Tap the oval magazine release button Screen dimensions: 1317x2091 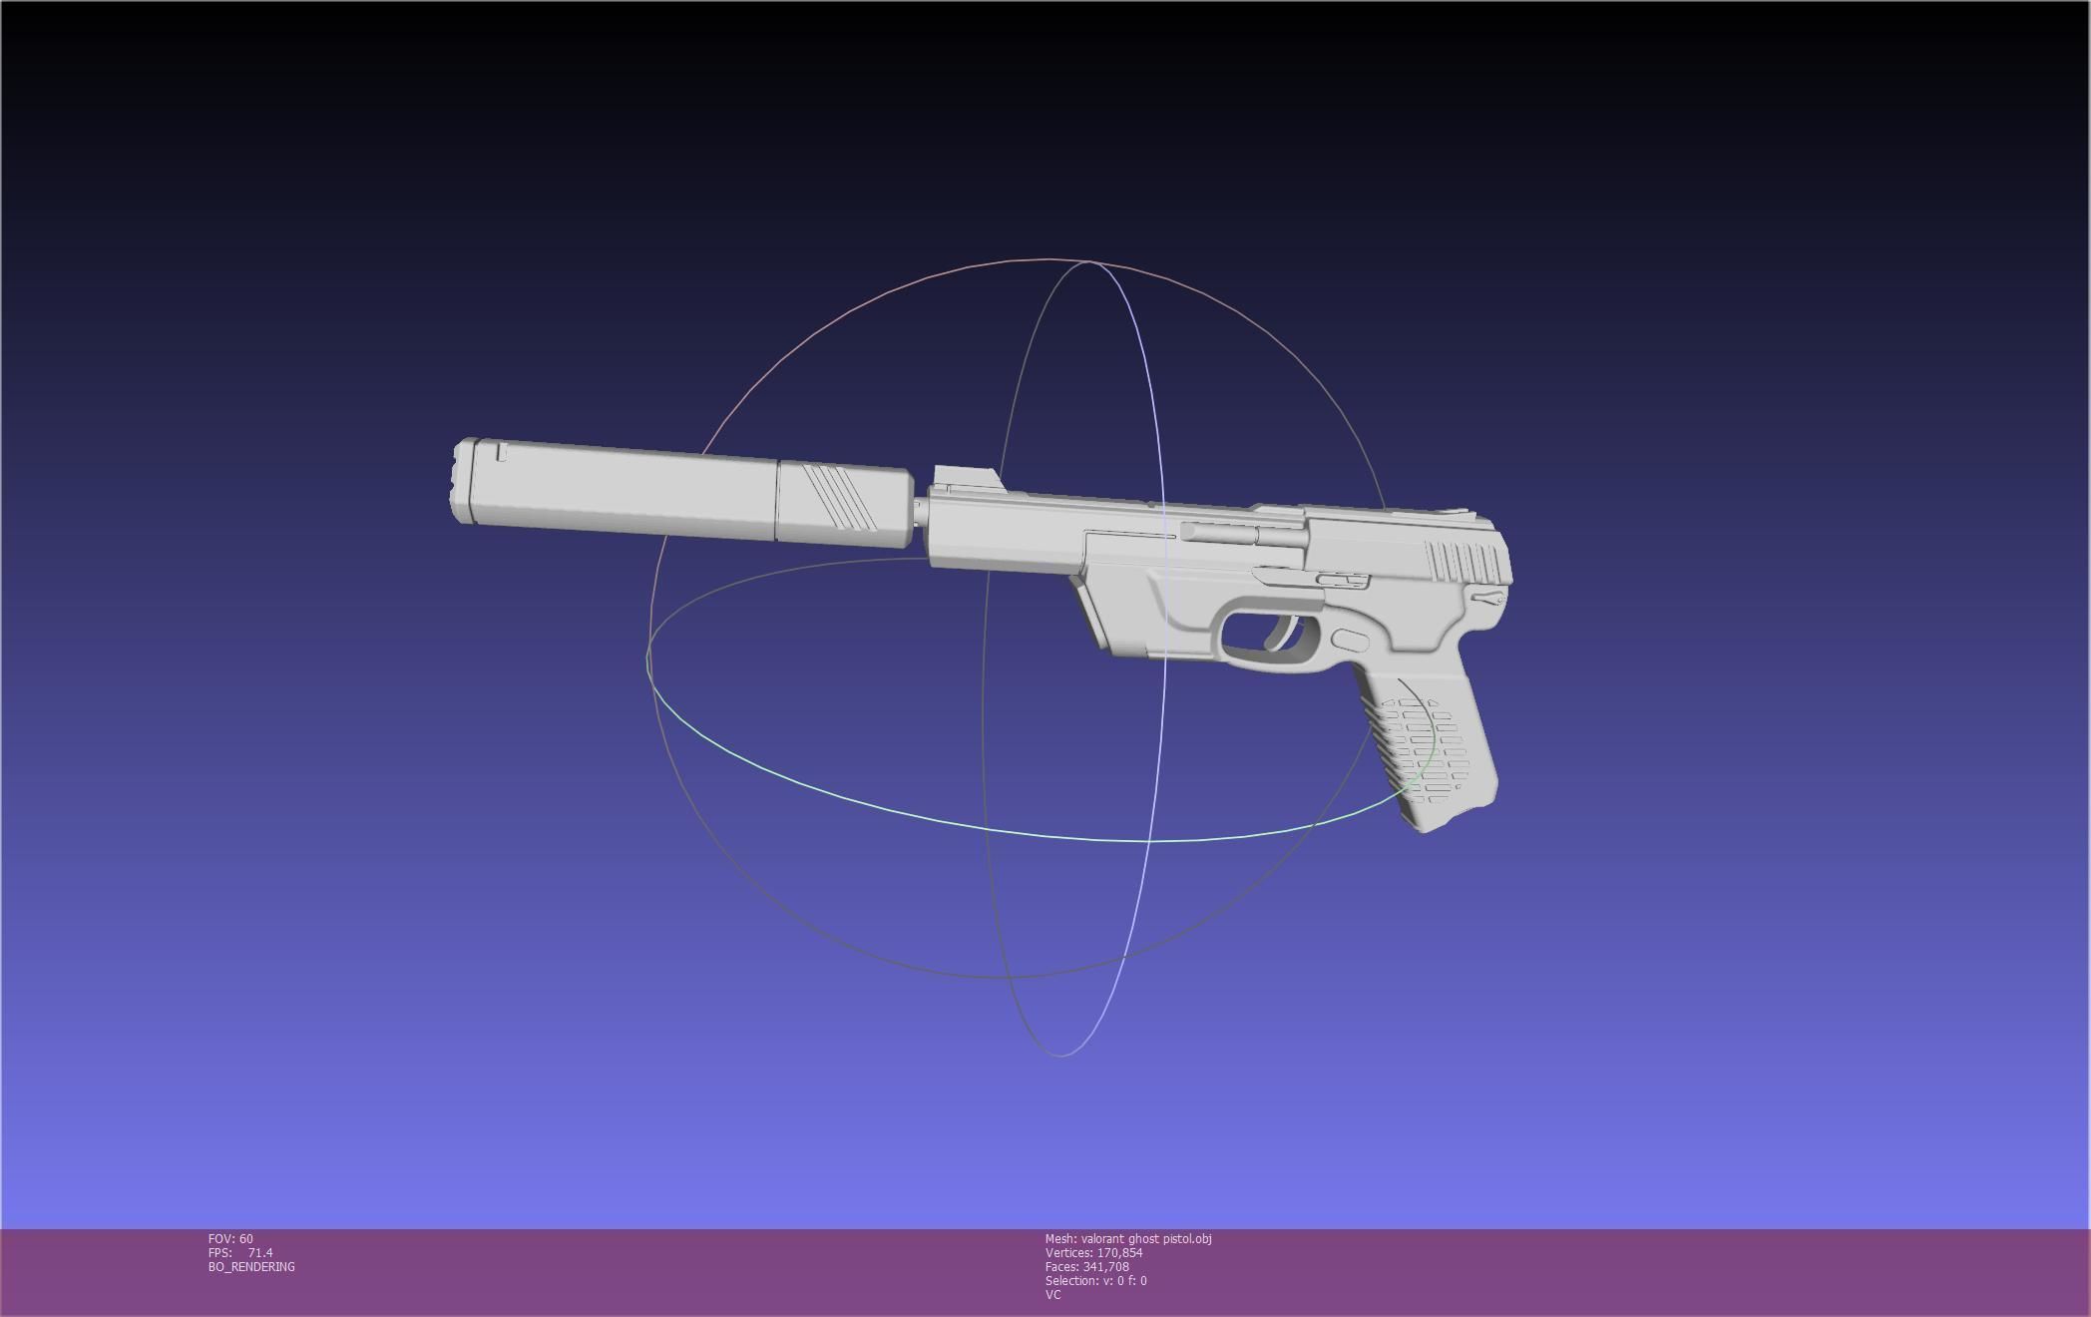pos(1350,642)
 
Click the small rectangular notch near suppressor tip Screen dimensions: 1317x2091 pos(502,453)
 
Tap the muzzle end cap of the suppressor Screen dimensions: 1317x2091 pos(462,481)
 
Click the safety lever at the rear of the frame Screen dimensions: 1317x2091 pos(1487,599)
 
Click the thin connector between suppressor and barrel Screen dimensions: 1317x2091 pos(919,514)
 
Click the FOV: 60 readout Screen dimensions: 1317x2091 pos(230,1239)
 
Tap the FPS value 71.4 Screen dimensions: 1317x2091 pos(259,1253)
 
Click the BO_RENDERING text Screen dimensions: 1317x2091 pos(251,1267)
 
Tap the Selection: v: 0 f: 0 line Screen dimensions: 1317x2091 pos(1095,1281)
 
